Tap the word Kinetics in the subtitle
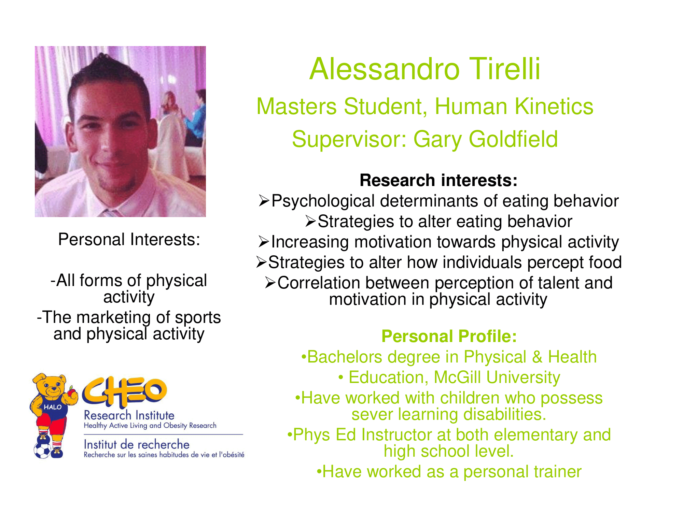[x=554, y=106]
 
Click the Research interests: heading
[x=438, y=180]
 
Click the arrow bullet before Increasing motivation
[x=264, y=242]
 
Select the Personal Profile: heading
[x=449, y=336]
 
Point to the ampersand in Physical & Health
[x=537, y=357]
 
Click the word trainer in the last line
[x=558, y=472]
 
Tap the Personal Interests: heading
[x=129, y=239]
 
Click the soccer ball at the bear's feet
[x=42, y=450]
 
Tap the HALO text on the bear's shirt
[x=53, y=407]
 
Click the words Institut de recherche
[x=137, y=444]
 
